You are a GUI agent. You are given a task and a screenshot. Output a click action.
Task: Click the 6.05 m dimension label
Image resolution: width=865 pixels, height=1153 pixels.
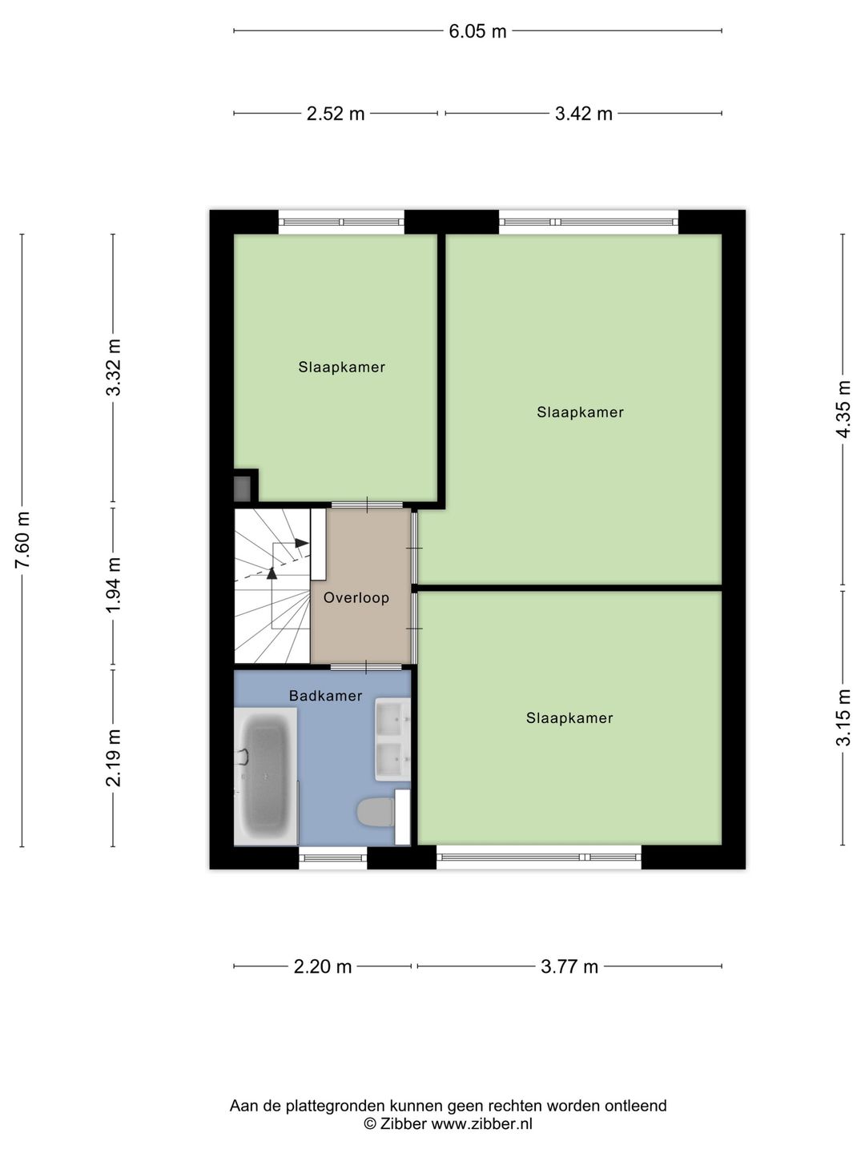pyautogui.click(x=477, y=31)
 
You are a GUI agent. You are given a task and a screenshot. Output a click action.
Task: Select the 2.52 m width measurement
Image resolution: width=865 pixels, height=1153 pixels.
pyautogui.click(x=335, y=114)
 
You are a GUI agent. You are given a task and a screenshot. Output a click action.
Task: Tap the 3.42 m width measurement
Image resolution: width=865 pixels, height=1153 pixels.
pyautogui.click(x=584, y=114)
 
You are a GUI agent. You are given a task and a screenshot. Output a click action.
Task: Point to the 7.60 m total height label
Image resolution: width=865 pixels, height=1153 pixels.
pyautogui.click(x=22, y=539)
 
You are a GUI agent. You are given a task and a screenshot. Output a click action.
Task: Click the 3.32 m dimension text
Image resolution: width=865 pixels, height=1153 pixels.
pyautogui.click(x=114, y=368)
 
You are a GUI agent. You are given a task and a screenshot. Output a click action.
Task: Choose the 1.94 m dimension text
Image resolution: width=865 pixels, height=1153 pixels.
pyautogui.click(x=114, y=585)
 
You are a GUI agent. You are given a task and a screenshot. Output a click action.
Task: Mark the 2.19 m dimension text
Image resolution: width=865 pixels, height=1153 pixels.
pyautogui.click(x=114, y=757)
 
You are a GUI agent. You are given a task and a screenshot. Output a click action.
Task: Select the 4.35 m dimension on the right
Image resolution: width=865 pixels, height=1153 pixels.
pyautogui.click(x=843, y=409)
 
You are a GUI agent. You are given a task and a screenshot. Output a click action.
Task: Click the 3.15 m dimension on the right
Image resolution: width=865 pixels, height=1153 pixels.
pyautogui.click(x=843, y=717)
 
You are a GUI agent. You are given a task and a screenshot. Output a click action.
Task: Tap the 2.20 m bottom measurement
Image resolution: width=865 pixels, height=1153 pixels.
pyautogui.click(x=322, y=966)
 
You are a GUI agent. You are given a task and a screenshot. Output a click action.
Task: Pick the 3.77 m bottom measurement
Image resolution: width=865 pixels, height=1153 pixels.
pyautogui.click(x=569, y=966)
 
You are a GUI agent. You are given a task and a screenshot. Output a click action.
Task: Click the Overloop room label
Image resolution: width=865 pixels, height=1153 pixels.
pyautogui.click(x=356, y=598)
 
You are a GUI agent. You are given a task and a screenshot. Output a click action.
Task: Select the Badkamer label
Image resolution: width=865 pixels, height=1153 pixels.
pyautogui.click(x=326, y=696)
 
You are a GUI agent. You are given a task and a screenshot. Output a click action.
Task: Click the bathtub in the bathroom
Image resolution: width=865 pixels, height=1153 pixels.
pyautogui.click(x=266, y=777)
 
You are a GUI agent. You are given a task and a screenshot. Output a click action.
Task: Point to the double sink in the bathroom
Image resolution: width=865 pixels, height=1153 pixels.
pyautogui.click(x=392, y=739)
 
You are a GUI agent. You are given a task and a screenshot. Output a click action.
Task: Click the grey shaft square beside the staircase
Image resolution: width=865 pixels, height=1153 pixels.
pyautogui.click(x=242, y=488)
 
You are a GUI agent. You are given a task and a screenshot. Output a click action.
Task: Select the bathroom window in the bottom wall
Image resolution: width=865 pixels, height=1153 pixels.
pyautogui.click(x=333, y=858)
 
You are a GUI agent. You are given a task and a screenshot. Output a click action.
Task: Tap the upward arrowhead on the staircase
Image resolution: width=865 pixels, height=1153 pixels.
pyautogui.click(x=272, y=573)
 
